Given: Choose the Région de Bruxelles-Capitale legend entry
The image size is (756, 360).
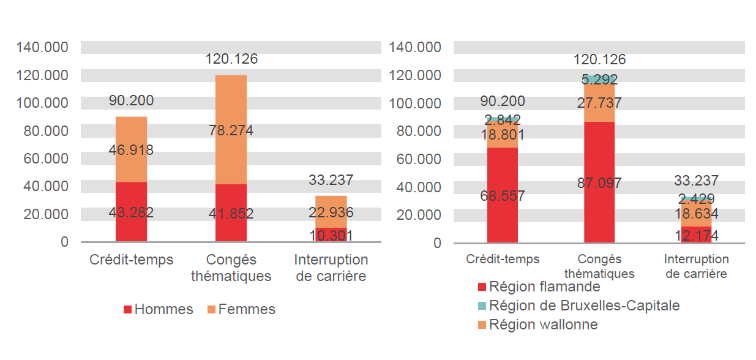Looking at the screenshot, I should (x=578, y=305).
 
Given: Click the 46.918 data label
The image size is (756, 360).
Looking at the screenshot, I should (x=131, y=150).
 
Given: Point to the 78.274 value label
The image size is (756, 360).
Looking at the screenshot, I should (x=231, y=130).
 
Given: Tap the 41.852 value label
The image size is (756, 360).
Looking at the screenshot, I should (x=231, y=214).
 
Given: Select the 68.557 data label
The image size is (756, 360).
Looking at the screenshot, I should (x=503, y=197).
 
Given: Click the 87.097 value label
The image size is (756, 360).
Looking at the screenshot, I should (x=599, y=182).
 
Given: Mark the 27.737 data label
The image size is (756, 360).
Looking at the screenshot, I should (x=599, y=102).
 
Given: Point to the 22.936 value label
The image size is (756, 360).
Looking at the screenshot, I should (x=331, y=212).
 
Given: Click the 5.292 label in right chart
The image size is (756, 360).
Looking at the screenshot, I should (x=599, y=80).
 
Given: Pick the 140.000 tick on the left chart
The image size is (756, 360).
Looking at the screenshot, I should (x=43, y=47).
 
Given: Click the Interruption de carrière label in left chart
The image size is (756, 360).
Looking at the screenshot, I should (x=331, y=268).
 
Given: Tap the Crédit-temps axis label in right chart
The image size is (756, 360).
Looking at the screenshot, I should (x=503, y=259).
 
